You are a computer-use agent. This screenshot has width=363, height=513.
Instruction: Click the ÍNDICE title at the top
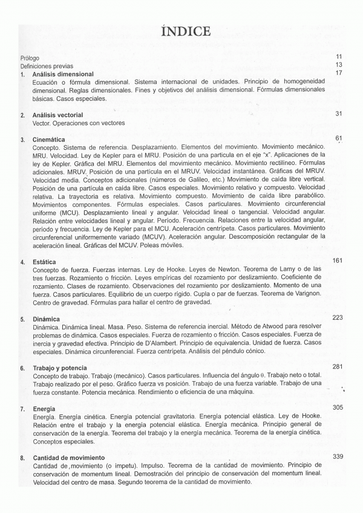click(186, 31)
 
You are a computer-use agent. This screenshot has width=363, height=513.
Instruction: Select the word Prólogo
click(30, 58)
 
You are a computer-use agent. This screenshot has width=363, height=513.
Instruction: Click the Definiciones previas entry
click(47, 66)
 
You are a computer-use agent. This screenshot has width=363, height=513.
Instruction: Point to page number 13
click(339, 65)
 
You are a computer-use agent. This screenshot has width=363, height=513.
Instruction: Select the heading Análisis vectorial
click(58, 115)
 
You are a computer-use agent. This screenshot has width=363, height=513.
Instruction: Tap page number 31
click(339, 114)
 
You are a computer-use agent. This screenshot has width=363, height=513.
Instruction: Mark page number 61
click(339, 138)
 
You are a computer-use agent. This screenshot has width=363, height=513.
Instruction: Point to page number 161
click(338, 260)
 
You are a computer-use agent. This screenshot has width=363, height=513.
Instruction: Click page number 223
click(338, 317)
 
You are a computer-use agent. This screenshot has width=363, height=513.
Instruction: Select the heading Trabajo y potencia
click(60, 368)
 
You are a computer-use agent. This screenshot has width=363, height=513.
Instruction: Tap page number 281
click(338, 366)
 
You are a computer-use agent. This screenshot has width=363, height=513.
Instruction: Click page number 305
click(338, 408)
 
